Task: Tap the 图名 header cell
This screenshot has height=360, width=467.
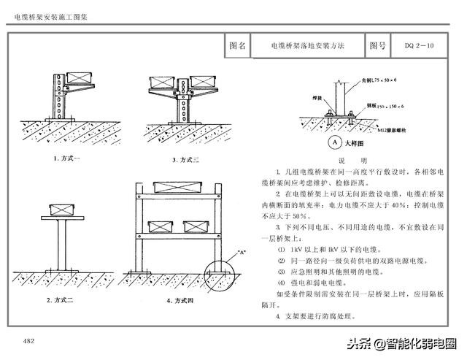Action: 237,45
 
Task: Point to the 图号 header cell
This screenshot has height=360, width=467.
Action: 377,45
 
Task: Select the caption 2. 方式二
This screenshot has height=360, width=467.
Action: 63,299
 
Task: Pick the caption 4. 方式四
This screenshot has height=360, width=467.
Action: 179,299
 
